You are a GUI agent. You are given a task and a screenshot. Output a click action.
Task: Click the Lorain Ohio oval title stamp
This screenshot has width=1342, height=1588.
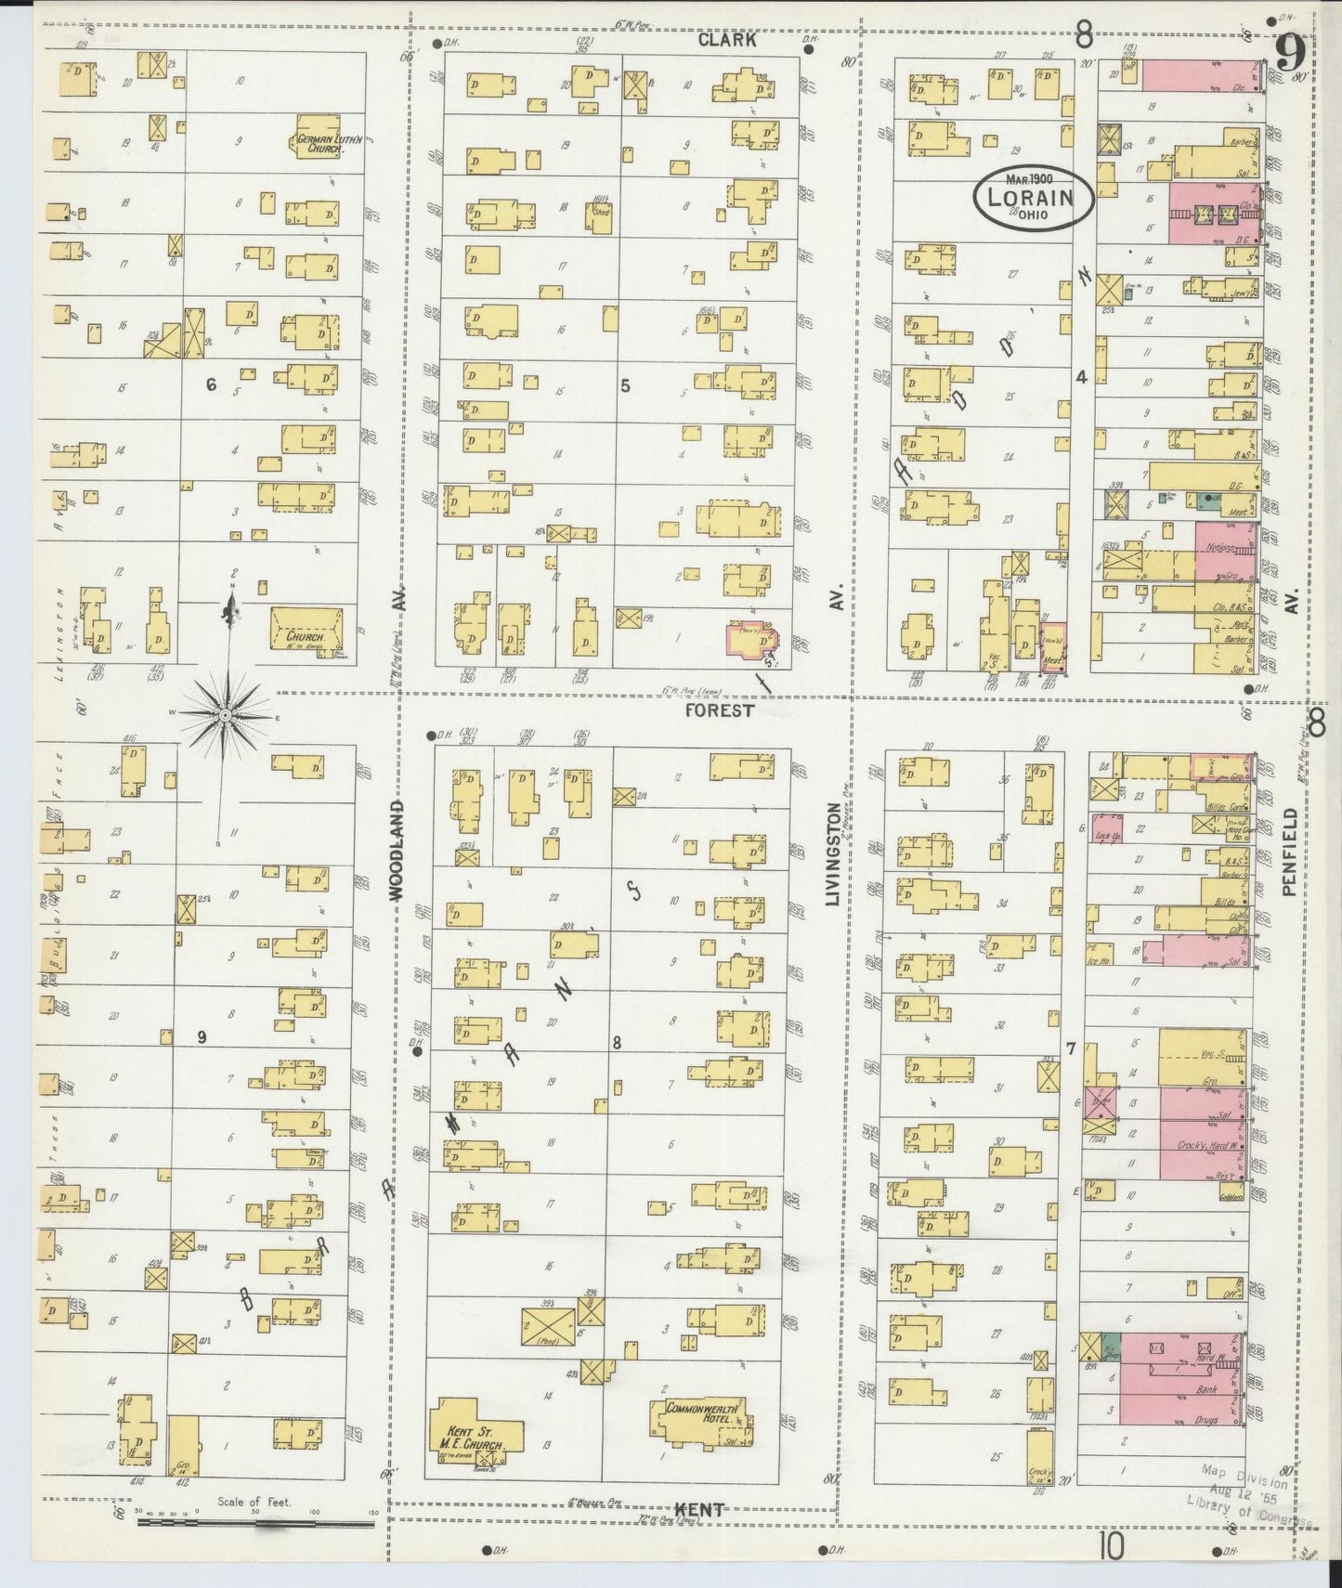[1033, 196]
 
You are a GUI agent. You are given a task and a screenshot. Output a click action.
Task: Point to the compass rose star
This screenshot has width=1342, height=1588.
[225, 715]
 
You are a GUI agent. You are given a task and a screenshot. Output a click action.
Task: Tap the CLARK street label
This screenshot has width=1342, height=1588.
[727, 40]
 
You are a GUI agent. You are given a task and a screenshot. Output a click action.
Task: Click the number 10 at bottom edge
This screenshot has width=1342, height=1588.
[1112, 1547]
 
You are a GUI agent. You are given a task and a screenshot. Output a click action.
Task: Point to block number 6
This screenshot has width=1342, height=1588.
[211, 384]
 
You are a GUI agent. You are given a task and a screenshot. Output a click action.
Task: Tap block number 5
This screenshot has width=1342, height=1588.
[625, 384]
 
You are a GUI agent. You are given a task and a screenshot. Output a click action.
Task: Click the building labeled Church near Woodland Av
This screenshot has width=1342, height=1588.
[305, 631]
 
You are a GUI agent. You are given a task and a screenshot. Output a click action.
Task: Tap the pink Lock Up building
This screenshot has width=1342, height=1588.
[1106, 828]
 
